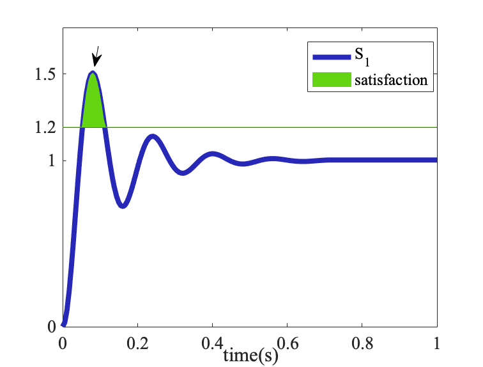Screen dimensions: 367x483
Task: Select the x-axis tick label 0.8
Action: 362,343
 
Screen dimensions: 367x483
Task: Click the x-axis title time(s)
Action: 250,355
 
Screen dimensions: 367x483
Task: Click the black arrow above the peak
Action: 96,57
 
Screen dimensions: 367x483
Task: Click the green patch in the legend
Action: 332,80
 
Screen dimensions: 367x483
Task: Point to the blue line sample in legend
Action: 332,57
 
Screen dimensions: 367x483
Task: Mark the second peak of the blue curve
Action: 152,136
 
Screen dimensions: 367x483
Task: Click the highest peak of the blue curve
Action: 93,73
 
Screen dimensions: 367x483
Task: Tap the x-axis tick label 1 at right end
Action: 437,343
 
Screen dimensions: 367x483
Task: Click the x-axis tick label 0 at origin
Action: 63,343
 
